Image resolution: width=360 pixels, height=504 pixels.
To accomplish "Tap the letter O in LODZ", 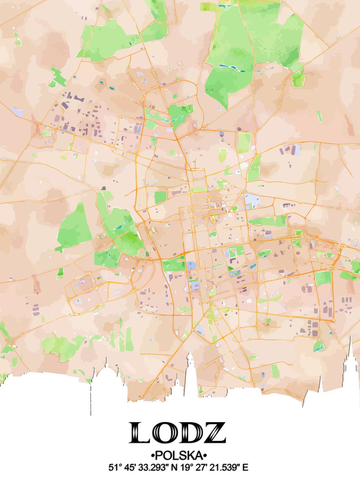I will pyautogui.click(x=165, y=433).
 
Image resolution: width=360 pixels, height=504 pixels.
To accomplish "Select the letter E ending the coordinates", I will pyautogui.click(x=246, y=467).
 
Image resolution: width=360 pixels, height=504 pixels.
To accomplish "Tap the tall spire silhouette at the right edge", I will pyautogui.click(x=350, y=361).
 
